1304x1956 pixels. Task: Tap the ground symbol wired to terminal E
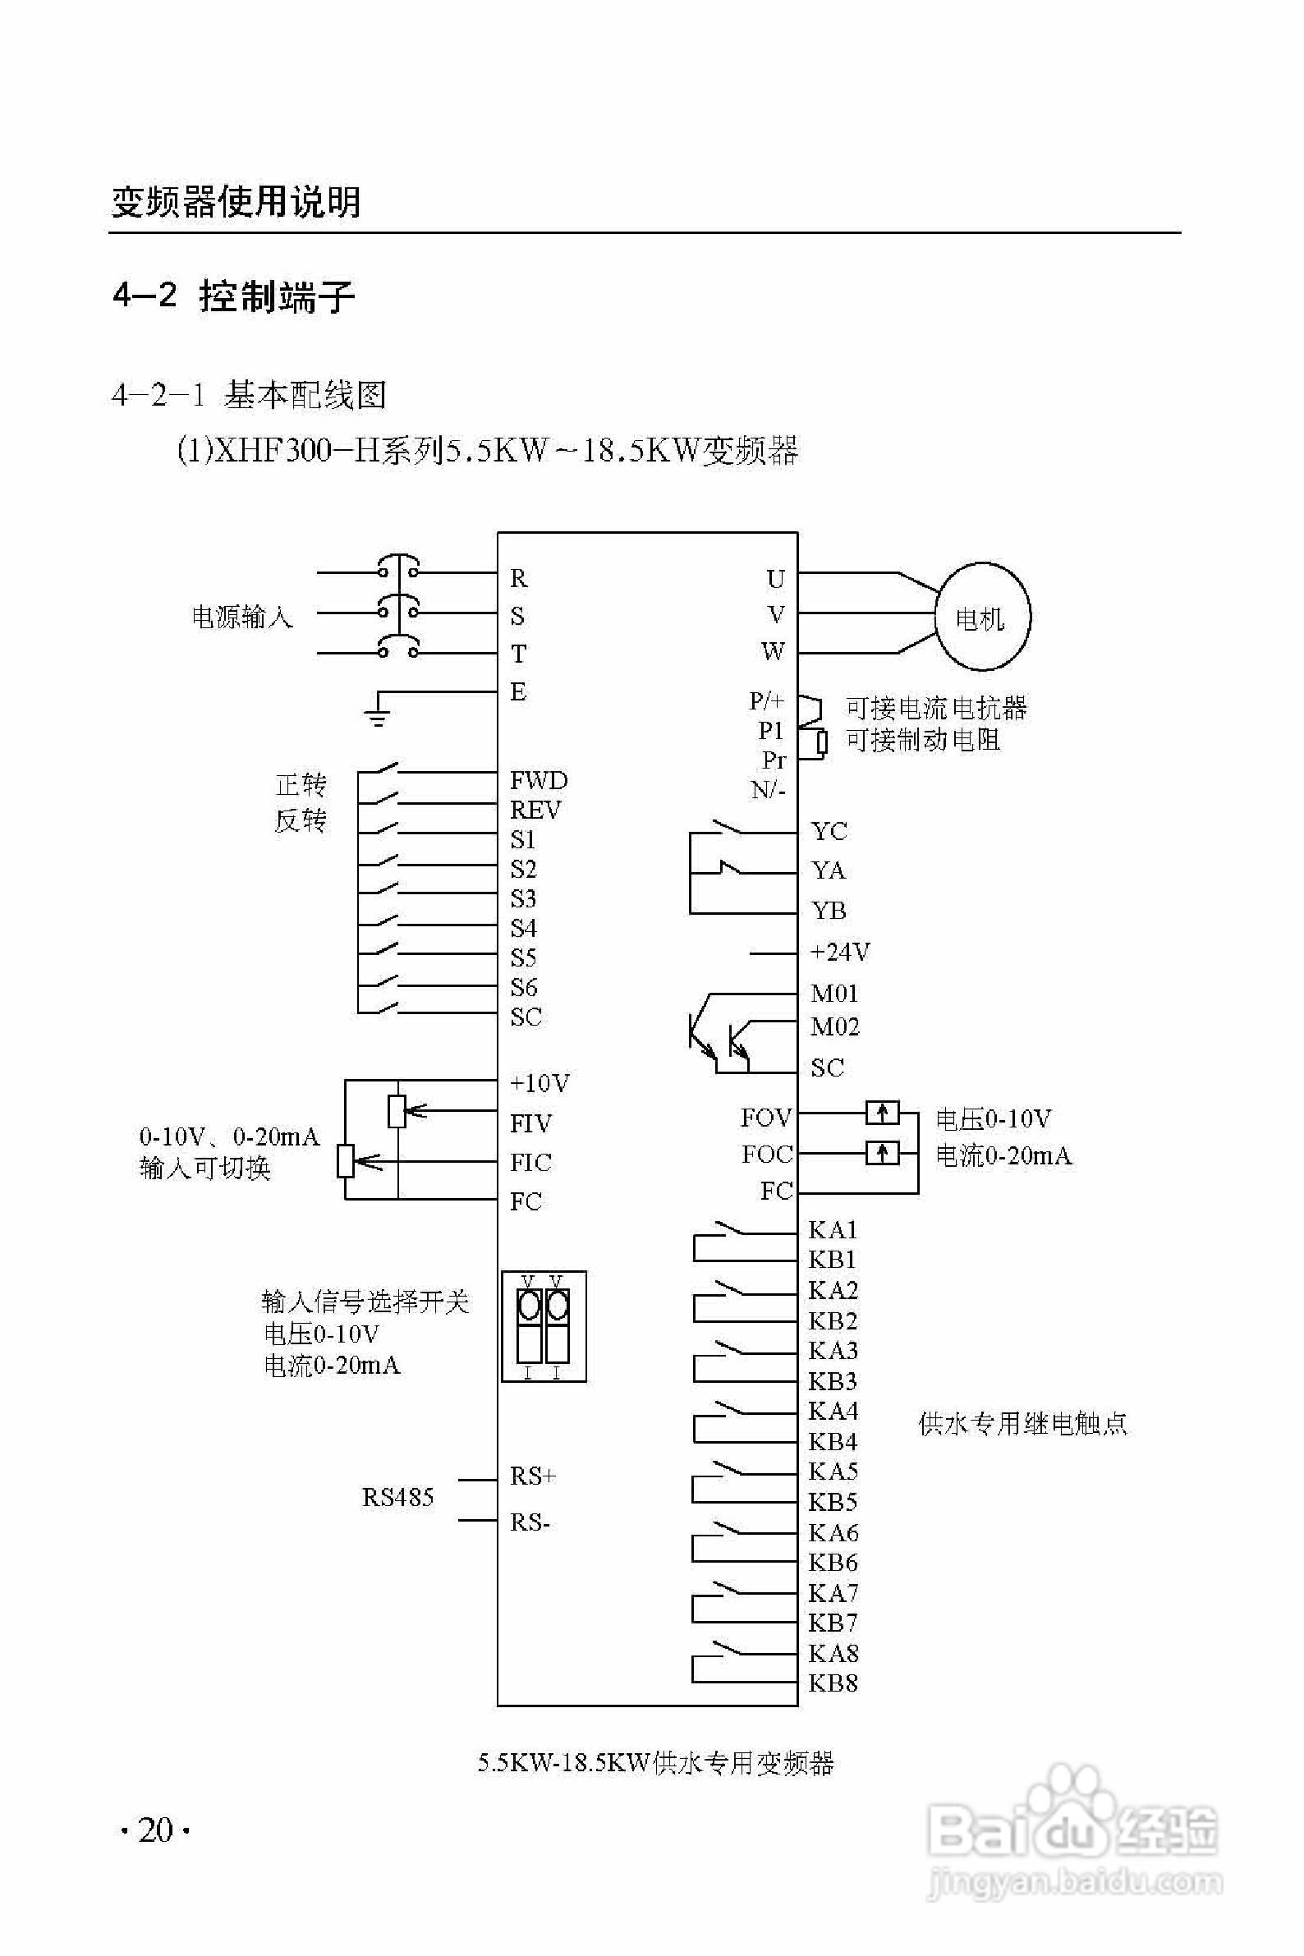pyautogui.click(x=378, y=715)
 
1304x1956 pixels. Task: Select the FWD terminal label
pyautogui.click(x=538, y=780)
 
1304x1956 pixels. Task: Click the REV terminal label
pyautogui.click(x=535, y=810)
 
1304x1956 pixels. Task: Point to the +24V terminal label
pyautogui.click(x=840, y=952)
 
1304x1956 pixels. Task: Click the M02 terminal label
pyautogui.click(x=834, y=1027)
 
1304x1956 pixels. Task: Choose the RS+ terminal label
pyautogui.click(x=532, y=1476)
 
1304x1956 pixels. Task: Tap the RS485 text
pyautogui.click(x=397, y=1498)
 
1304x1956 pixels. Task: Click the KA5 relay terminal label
pyautogui.click(x=833, y=1472)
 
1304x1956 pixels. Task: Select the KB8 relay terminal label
pyautogui.click(x=833, y=1683)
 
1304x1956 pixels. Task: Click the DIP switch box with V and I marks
pyautogui.click(x=544, y=1326)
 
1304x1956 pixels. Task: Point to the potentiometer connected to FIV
pyautogui.click(x=397, y=1111)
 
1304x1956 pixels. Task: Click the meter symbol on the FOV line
pyautogui.click(x=883, y=1112)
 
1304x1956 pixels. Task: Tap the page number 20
pyautogui.click(x=155, y=1830)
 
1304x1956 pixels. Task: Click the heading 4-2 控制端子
pyautogui.click(x=234, y=296)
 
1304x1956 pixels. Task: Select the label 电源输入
pyautogui.click(x=242, y=617)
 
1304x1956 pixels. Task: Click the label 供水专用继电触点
pyautogui.click(x=1022, y=1424)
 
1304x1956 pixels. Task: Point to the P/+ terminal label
pyautogui.click(x=766, y=700)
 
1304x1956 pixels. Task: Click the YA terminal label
pyautogui.click(x=829, y=870)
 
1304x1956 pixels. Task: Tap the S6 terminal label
pyautogui.click(x=523, y=987)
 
